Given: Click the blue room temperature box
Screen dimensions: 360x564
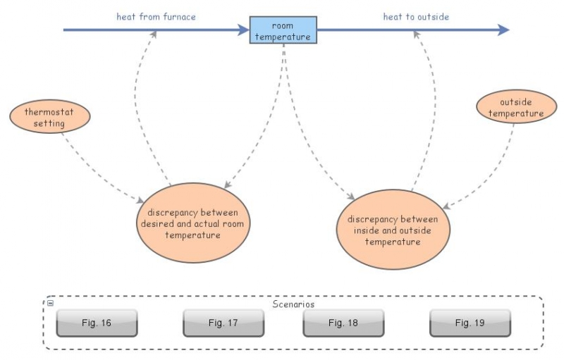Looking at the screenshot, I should [x=283, y=31].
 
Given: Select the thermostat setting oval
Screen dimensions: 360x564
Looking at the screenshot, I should [x=50, y=118].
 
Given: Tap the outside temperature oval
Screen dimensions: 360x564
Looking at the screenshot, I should [x=510, y=108].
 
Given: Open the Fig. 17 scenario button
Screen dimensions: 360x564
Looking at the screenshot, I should [x=223, y=323].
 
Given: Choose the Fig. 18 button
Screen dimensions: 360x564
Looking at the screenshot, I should [x=343, y=323].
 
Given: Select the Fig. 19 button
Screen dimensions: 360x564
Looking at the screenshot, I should [x=470, y=323].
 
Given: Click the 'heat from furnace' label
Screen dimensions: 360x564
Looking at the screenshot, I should [x=157, y=16].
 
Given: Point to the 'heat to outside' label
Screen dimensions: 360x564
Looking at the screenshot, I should [x=416, y=16].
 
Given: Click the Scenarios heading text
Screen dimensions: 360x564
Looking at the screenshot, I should [x=293, y=304].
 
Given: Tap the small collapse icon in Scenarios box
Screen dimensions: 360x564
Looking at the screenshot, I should [x=50, y=303].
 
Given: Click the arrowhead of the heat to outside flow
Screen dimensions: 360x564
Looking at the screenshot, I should [x=503, y=30].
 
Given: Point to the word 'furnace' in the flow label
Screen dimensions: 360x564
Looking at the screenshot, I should [x=179, y=16].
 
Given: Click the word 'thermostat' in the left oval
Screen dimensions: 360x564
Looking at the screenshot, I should [x=50, y=112].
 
